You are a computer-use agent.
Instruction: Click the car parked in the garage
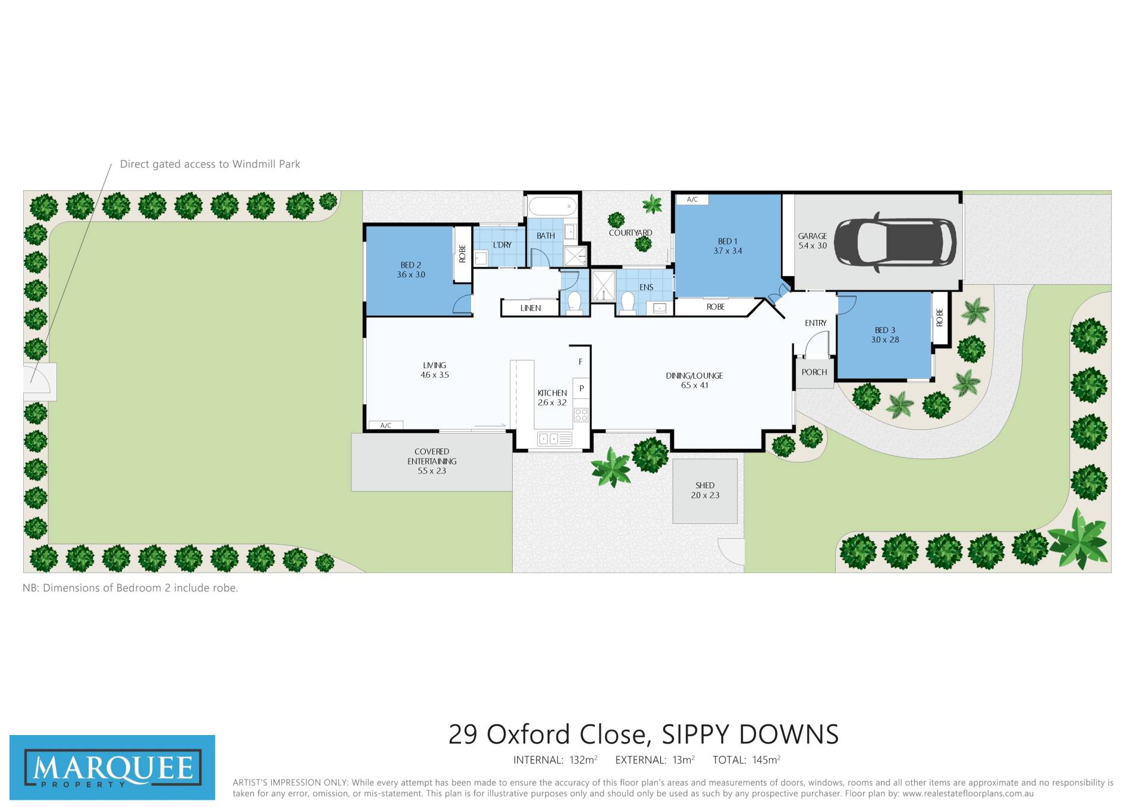(895, 243)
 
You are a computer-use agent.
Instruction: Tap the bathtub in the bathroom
(553, 206)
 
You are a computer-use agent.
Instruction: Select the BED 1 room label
(727, 241)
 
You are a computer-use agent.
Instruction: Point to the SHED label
(705, 485)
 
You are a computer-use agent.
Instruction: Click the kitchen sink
(554, 439)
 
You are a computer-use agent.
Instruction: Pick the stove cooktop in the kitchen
(581, 415)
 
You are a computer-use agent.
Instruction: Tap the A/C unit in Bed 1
(692, 200)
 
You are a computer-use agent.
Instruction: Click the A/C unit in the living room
(386, 425)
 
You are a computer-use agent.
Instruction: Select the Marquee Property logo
(112, 768)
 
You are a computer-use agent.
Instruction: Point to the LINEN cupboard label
(531, 308)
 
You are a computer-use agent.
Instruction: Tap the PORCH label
(814, 372)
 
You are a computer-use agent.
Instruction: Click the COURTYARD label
(630, 233)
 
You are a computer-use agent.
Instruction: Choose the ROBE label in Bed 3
(940, 317)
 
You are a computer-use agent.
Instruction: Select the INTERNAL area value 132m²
(583, 760)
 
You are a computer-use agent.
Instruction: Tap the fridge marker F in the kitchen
(581, 362)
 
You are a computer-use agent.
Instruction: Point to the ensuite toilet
(628, 302)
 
